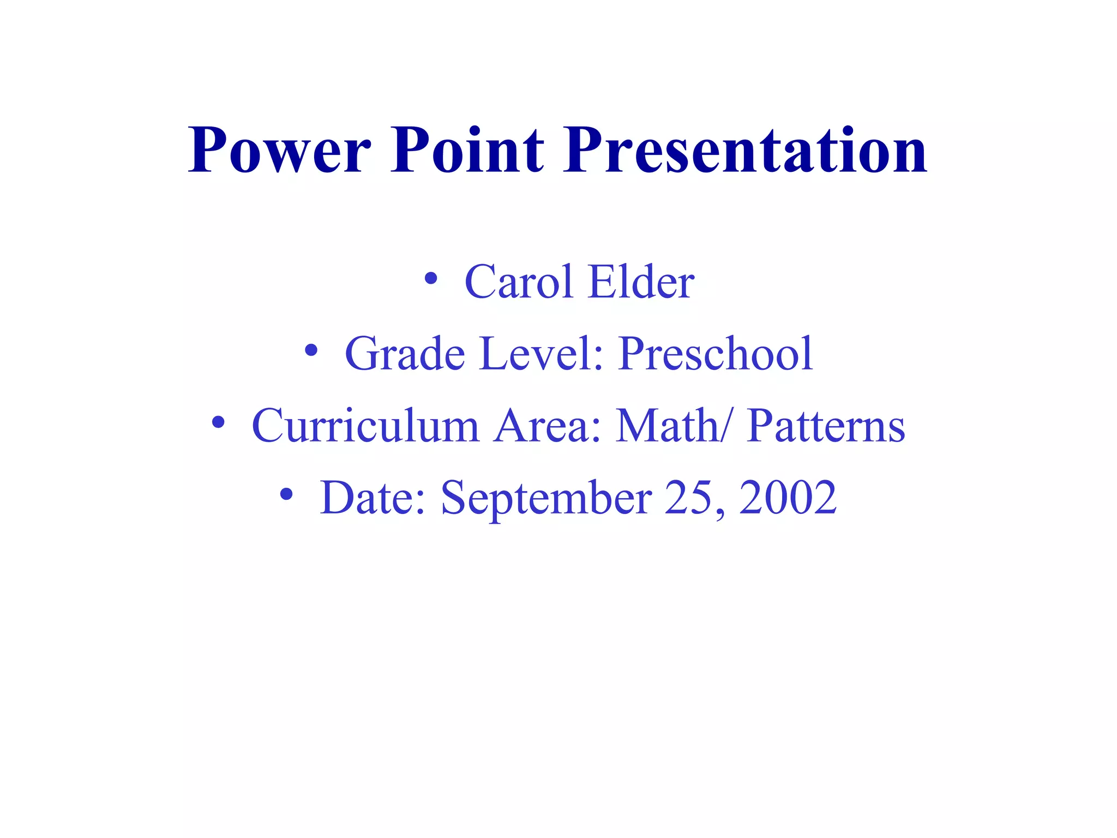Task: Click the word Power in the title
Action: point(279,150)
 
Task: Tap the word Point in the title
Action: point(467,150)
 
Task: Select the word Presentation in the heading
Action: point(745,150)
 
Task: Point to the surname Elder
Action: point(642,282)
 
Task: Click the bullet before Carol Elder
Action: point(431,279)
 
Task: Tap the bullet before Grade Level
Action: point(311,351)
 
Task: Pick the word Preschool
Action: point(716,354)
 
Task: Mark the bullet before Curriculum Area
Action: point(218,422)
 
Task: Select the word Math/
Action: point(672,426)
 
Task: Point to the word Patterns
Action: point(826,426)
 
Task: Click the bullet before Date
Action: point(286,494)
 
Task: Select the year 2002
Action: point(788,498)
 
